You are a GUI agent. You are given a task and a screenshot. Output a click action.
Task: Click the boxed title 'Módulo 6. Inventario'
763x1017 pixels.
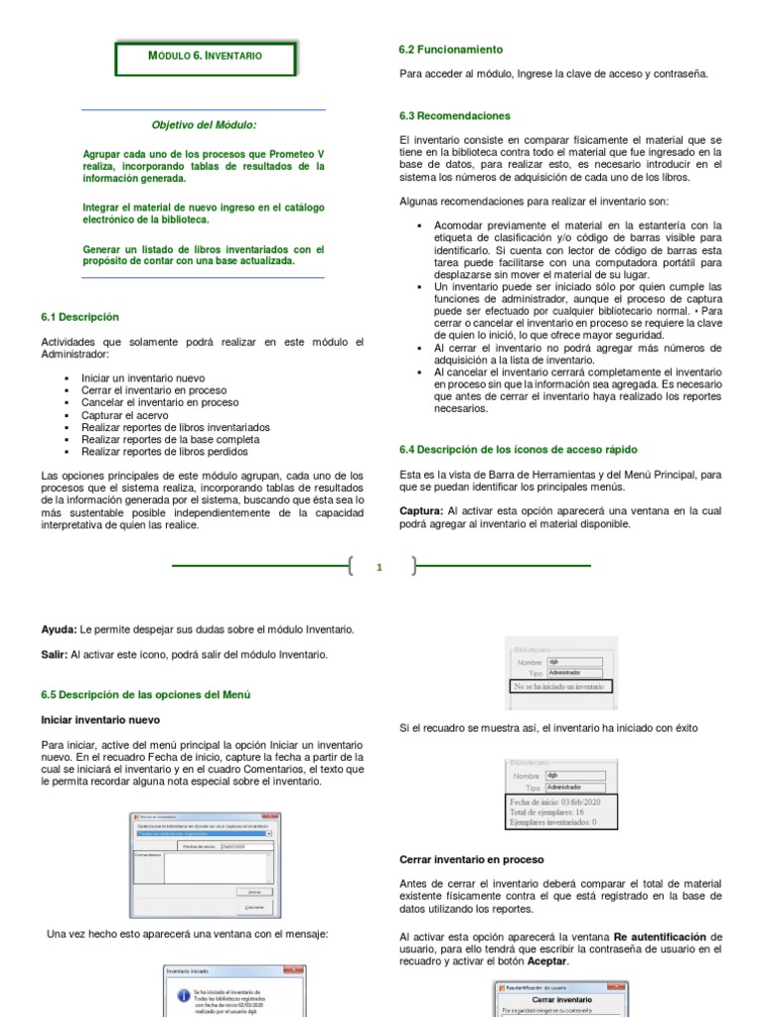pos(205,57)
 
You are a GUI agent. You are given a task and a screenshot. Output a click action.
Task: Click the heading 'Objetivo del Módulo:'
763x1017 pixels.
pos(203,125)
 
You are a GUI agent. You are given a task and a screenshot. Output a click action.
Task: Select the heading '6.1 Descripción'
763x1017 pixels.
pos(79,318)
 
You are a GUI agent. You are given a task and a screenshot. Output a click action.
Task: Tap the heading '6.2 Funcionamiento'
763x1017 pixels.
pos(451,49)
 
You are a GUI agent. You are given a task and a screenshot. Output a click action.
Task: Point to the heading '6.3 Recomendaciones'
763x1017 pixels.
pos(454,116)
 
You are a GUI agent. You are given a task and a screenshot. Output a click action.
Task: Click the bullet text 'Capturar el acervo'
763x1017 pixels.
pos(126,415)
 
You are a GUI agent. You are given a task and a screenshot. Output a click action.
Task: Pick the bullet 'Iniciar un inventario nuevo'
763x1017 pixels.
pos(143,378)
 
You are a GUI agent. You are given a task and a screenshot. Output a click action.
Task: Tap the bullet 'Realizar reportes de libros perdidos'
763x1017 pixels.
pos(165,452)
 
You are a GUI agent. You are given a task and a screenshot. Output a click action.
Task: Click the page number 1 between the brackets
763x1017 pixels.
pos(380,568)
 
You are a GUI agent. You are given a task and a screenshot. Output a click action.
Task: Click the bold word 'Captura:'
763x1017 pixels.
pos(421,510)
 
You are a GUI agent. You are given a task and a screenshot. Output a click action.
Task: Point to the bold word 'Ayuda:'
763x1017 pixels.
pos(59,630)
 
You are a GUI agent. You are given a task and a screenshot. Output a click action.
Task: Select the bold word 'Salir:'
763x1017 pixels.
pos(55,654)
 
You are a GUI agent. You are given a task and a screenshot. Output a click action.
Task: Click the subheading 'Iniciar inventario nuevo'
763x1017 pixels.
pos(100,719)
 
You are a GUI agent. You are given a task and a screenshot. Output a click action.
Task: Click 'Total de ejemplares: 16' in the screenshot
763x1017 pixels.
pos(546,812)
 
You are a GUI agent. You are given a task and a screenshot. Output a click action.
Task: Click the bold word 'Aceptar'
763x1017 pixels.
pos(546,961)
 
